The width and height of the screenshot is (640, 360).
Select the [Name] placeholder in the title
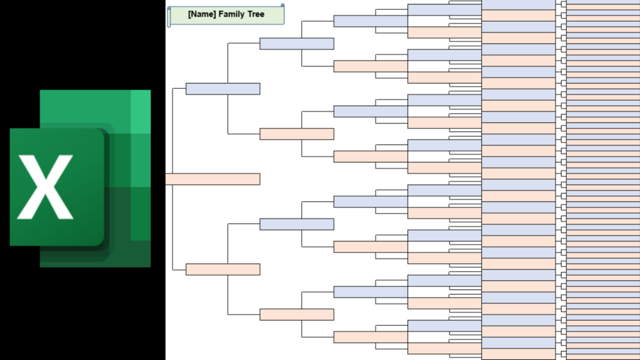click(x=202, y=14)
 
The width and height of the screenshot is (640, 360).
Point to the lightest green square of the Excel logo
click(x=141, y=112)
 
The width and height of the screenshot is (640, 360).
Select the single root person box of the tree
click(x=213, y=179)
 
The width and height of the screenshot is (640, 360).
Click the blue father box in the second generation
click(x=223, y=89)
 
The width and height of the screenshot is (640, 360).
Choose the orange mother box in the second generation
click(x=223, y=270)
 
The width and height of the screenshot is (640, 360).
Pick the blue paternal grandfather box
click(x=297, y=43)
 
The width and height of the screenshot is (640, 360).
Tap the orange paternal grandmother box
click(x=297, y=134)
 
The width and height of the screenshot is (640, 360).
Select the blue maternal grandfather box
click(x=297, y=224)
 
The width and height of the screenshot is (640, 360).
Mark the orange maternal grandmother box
click(x=297, y=315)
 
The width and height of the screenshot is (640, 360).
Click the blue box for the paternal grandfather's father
click(x=371, y=21)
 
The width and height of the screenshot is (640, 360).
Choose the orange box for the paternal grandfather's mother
click(x=371, y=66)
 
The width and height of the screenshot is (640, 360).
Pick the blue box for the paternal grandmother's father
click(x=371, y=112)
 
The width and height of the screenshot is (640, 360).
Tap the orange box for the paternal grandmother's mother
click(x=371, y=157)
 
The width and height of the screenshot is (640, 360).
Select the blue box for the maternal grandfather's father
click(x=371, y=202)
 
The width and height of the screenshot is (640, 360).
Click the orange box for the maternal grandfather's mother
click(x=371, y=247)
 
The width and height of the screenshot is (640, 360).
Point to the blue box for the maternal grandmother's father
click(x=371, y=292)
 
